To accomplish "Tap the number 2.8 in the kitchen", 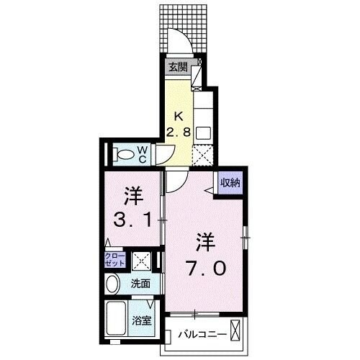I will point(181,130).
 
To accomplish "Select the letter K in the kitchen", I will point(181,115).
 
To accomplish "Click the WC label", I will point(143,153).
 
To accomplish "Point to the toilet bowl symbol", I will point(123,153).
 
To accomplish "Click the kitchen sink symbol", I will point(202,133).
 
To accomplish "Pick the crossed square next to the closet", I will point(141,260).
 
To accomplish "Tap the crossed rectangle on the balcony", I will point(240,334).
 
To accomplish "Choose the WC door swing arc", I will point(165,154).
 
